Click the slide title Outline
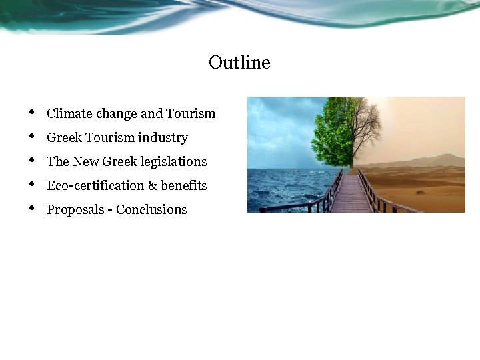pos(239,63)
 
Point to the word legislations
pos(174,162)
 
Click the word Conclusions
pos(151,210)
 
